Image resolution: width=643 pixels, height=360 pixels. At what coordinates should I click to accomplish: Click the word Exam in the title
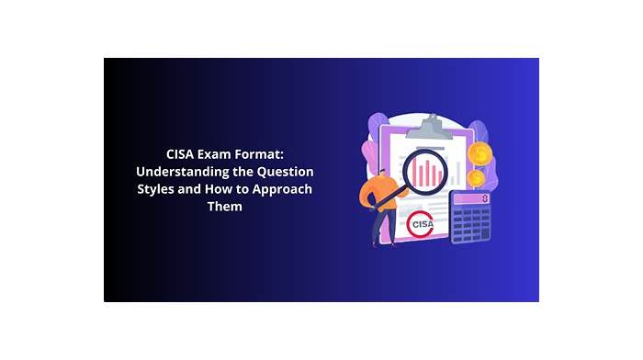211,154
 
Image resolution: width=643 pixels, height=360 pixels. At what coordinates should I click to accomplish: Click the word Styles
155,189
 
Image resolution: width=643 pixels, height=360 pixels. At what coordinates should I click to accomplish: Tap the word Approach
282,189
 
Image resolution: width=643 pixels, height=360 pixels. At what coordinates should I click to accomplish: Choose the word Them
225,207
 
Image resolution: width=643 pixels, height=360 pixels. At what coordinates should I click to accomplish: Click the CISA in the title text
180,154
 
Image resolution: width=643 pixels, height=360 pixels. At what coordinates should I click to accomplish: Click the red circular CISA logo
420,224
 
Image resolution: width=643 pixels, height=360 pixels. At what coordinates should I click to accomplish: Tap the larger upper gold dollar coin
480,153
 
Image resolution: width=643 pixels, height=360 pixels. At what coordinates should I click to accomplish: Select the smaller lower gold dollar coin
476,178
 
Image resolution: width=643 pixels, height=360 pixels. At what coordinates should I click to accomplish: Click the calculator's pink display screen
471,199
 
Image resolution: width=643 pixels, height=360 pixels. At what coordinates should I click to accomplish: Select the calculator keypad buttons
471,224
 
